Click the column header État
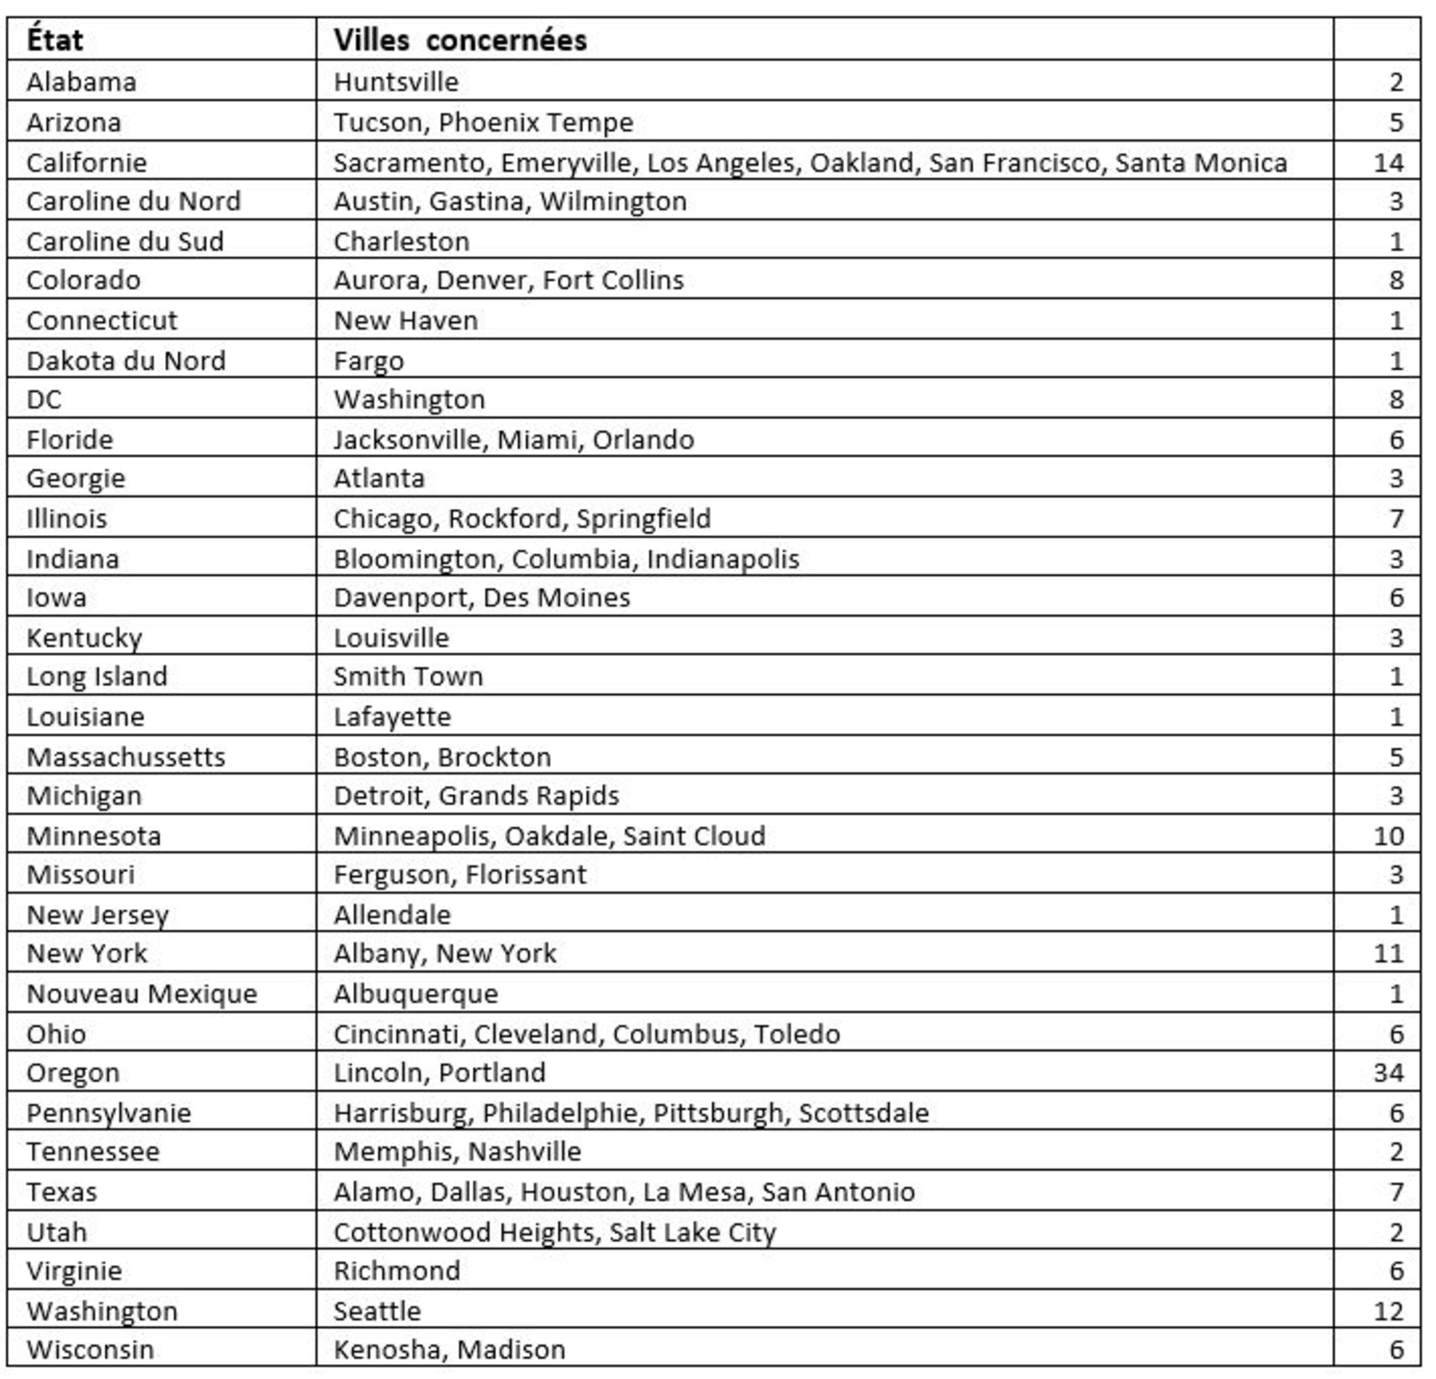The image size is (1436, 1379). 54,40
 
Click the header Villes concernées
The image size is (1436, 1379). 460,40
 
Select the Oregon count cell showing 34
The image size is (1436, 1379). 1388,1073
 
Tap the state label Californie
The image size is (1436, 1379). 86,162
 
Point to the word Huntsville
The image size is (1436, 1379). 396,82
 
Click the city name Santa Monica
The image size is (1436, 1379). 1201,162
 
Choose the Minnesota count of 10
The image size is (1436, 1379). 1388,835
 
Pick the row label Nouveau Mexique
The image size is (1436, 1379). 142,993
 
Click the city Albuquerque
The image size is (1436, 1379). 415,993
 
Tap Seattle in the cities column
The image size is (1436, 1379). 377,1311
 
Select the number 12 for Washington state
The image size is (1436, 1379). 1388,1311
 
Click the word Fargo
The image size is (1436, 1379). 369,360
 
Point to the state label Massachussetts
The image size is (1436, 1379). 125,756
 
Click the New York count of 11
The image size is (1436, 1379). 1388,953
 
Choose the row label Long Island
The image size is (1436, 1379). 97,675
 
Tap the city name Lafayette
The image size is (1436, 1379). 392,716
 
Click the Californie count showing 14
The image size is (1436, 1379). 1388,162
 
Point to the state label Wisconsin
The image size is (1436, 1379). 90,1350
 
